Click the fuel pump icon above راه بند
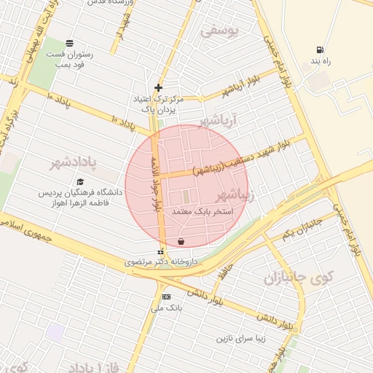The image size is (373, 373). [x=320, y=50]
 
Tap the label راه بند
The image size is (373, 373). [x=320, y=61]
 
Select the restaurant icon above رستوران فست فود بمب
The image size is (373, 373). [x=69, y=42]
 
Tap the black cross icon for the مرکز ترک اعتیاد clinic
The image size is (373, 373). [x=158, y=87]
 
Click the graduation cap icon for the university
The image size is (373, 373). [x=80, y=182]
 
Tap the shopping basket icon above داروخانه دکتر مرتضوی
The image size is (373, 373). [x=181, y=241]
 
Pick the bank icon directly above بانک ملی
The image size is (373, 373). [x=166, y=297]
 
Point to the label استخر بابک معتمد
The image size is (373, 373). [x=203, y=212]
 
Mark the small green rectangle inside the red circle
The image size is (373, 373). [x=185, y=197]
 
